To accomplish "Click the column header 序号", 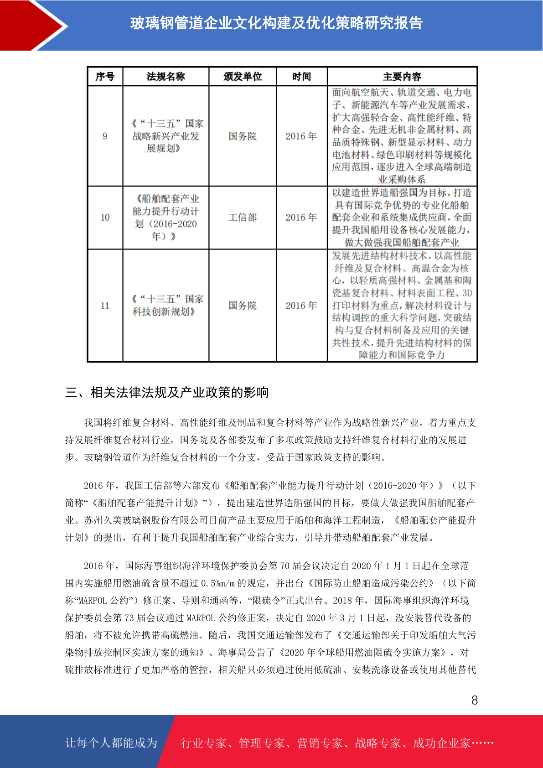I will (x=105, y=77).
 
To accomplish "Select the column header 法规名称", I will (x=165, y=77).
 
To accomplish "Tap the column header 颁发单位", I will (x=243, y=77).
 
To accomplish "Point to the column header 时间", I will (x=301, y=77).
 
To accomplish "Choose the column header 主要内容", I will (x=402, y=77).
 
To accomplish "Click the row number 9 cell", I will (x=105, y=136).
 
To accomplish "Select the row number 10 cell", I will (x=105, y=218).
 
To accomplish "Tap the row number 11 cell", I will (x=105, y=306).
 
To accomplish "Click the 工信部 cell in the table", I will (x=243, y=218).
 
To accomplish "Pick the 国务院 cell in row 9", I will (x=243, y=136).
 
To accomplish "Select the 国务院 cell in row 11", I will (x=243, y=306).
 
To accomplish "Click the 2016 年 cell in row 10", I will (x=301, y=218).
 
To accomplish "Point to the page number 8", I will (x=475, y=700).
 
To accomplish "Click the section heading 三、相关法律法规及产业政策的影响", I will (x=167, y=392).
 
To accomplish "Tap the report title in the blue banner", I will (x=276, y=23).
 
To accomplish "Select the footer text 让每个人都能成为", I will (x=111, y=743).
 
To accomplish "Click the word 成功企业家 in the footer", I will (x=441, y=743).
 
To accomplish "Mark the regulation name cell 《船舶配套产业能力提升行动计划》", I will (x=165, y=218).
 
